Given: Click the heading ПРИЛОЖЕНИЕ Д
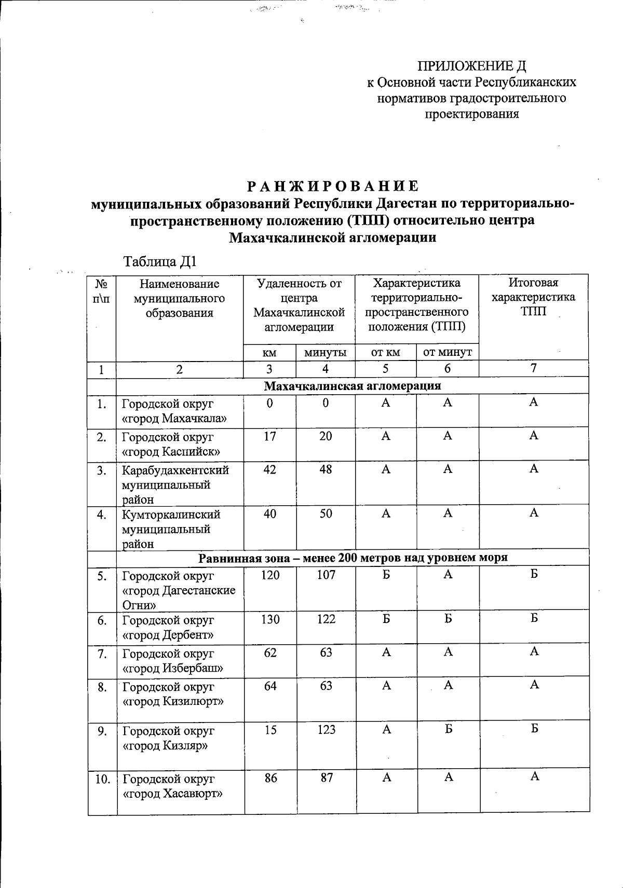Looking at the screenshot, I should point(472,66).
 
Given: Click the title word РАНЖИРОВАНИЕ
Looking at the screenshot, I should point(332,186).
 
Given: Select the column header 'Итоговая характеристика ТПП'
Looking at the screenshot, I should point(533,297).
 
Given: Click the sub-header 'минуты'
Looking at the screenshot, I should point(326,353).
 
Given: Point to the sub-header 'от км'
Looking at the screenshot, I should point(386,353).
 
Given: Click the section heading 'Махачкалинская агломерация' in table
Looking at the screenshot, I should point(353,386).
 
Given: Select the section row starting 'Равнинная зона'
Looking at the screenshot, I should point(353,558).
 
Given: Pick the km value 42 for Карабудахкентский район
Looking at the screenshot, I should point(270,469).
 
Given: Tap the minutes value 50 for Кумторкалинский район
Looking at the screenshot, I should point(326,514).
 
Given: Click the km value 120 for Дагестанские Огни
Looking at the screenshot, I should point(270,575).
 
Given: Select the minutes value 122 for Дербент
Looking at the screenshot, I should point(326,619).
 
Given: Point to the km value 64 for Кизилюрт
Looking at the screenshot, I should point(270,686).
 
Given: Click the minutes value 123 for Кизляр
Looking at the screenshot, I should point(326,730).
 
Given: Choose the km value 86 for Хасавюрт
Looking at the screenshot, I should point(270,778).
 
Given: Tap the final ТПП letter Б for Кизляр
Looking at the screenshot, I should point(534,729).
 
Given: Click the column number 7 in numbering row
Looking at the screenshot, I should point(533,368).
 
